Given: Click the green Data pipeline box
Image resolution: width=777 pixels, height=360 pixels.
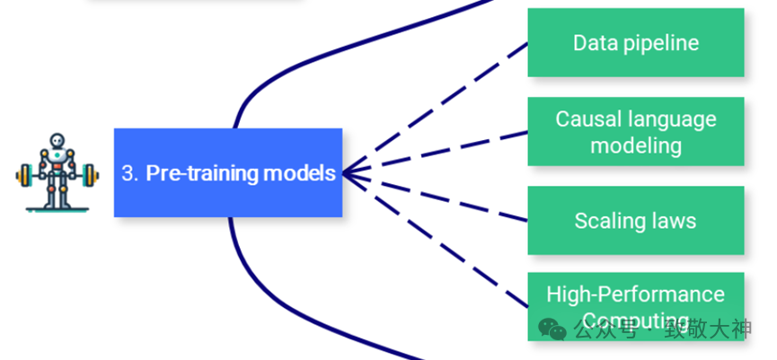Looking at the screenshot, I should click(x=635, y=42).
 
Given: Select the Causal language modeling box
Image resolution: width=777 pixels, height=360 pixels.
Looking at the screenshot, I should click(x=635, y=131).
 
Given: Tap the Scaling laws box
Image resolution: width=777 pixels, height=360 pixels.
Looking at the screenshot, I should click(x=635, y=220).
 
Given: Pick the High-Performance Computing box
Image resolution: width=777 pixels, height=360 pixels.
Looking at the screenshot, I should click(x=635, y=296).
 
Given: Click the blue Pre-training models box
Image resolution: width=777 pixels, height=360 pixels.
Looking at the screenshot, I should click(x=228, y=172).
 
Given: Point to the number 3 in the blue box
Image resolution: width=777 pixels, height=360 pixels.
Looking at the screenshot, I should click(x=127, y=173).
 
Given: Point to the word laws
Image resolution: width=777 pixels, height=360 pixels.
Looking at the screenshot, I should click(x=672, y=221).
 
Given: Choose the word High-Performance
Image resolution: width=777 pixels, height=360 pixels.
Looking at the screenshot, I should click(x=635, y=294).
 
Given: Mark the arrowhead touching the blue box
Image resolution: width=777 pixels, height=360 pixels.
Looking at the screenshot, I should click(x=352, y=172).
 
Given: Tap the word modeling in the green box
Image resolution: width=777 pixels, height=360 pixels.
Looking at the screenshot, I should click(x=635, y=145).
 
